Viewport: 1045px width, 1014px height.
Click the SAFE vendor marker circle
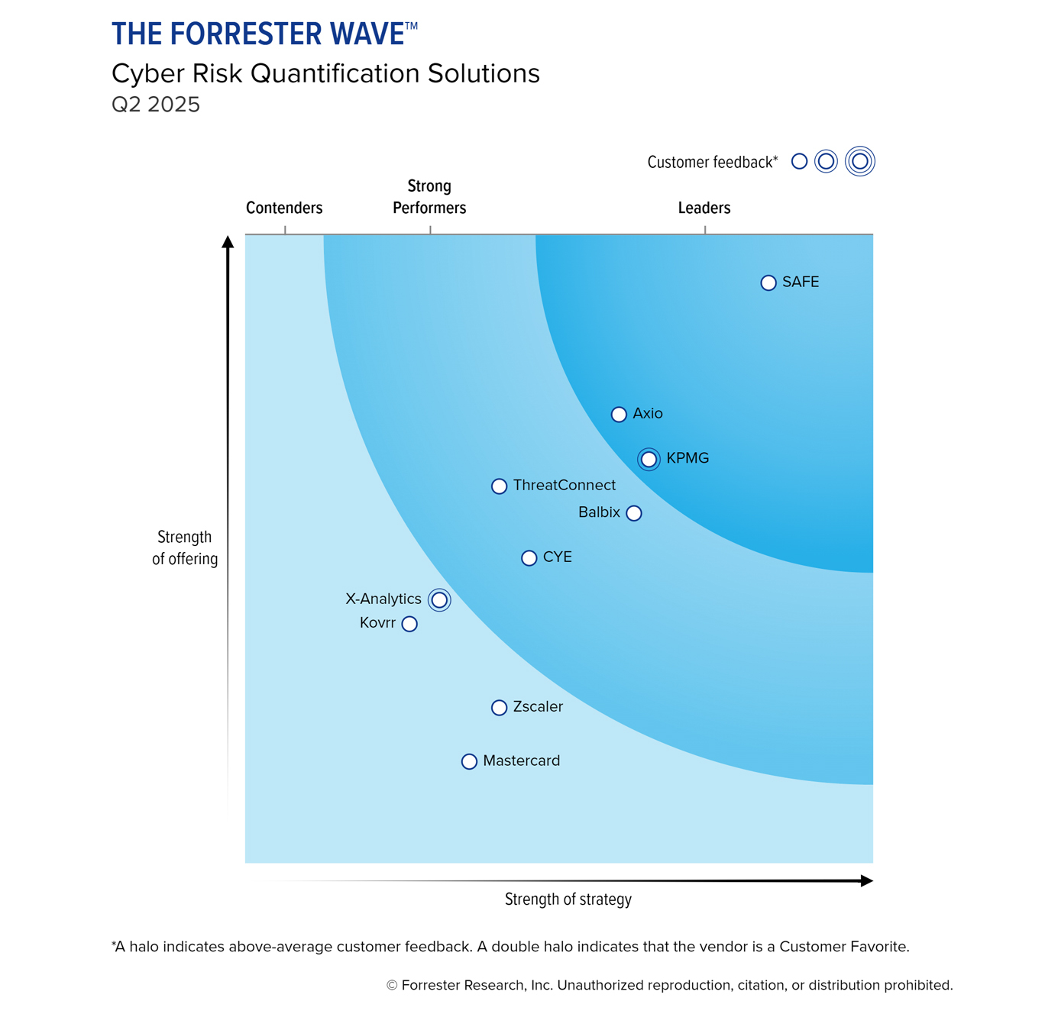768,283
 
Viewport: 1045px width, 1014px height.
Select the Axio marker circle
619,415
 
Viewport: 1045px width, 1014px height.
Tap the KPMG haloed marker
649,460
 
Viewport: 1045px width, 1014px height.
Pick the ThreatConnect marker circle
499,486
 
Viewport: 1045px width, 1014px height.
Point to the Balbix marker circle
633,513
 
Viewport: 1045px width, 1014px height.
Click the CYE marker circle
529,558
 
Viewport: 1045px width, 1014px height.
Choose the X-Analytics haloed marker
439,600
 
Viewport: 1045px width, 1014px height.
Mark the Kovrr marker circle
409,624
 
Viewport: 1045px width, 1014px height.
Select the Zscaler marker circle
499,708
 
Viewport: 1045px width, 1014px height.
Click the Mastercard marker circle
469,761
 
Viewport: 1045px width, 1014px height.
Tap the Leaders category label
704,208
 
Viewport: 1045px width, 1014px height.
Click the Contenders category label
284,208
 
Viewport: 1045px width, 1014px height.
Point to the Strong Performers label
429,197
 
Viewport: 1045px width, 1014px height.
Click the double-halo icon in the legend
859,161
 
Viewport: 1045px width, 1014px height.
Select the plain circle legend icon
799,161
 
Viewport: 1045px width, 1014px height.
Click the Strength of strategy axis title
568,899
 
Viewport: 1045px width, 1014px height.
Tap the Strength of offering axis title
185,547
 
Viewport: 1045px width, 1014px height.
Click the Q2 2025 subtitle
156,105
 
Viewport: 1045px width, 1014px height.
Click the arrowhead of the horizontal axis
866,881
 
